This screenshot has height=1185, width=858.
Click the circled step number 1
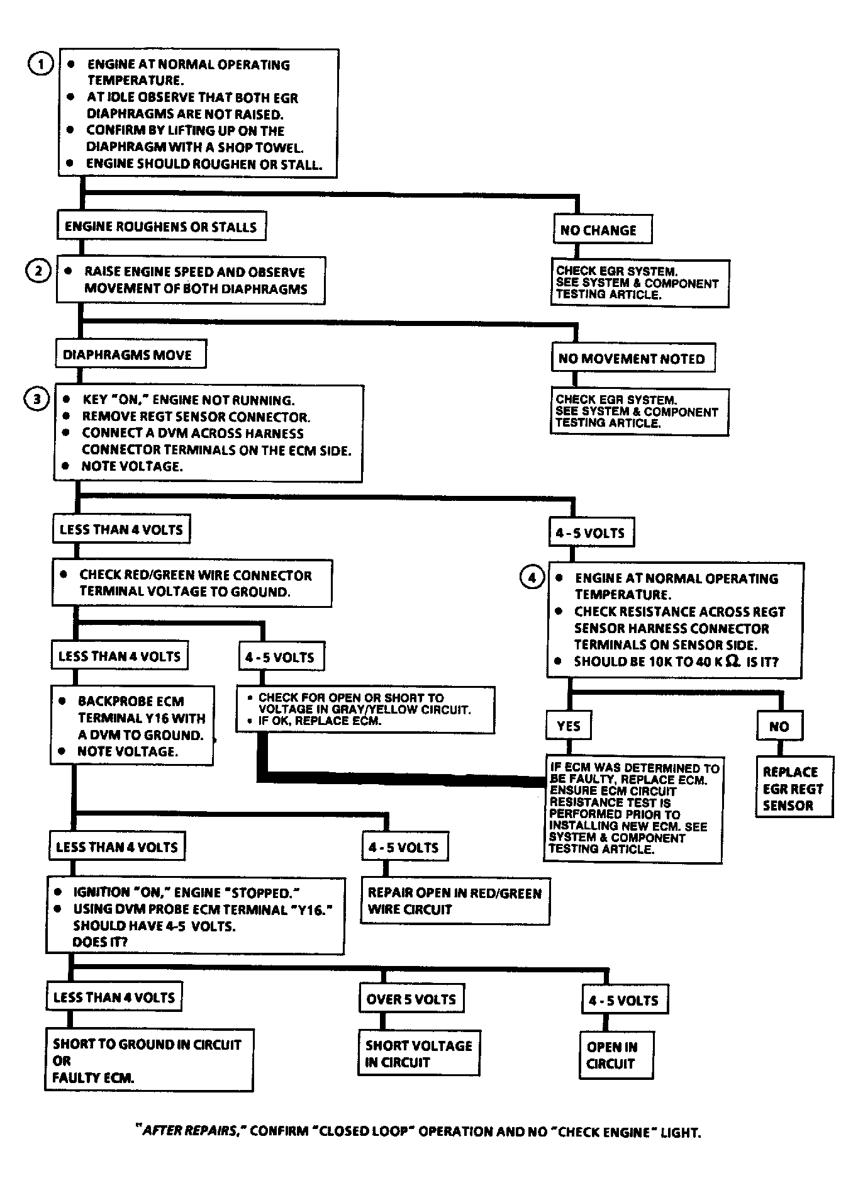pos(41,64)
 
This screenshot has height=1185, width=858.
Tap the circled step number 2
pos(38,271)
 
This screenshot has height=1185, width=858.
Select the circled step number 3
pos(36,399)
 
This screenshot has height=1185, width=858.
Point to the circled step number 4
pos(532,576)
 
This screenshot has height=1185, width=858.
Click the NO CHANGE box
pos(603,230)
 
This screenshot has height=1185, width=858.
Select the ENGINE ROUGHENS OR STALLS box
pos(161,227)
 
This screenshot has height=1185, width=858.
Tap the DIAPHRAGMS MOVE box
pos(131,354)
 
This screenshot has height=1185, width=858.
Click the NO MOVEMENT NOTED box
pos(633,359)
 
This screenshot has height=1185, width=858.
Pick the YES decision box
pos(569,726)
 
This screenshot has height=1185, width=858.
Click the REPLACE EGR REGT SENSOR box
pos(794,787)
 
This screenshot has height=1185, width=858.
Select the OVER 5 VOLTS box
pos(411,999)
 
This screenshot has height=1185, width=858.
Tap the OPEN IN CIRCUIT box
pos(616,1055)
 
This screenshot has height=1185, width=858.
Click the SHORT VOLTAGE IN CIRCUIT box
pos(419,1053)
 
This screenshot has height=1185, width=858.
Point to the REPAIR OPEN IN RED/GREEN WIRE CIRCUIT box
pos(455,901)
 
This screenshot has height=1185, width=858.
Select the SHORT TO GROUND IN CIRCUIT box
pos(149,1060)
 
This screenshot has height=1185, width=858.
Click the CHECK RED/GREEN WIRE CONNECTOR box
pos(192,583)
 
